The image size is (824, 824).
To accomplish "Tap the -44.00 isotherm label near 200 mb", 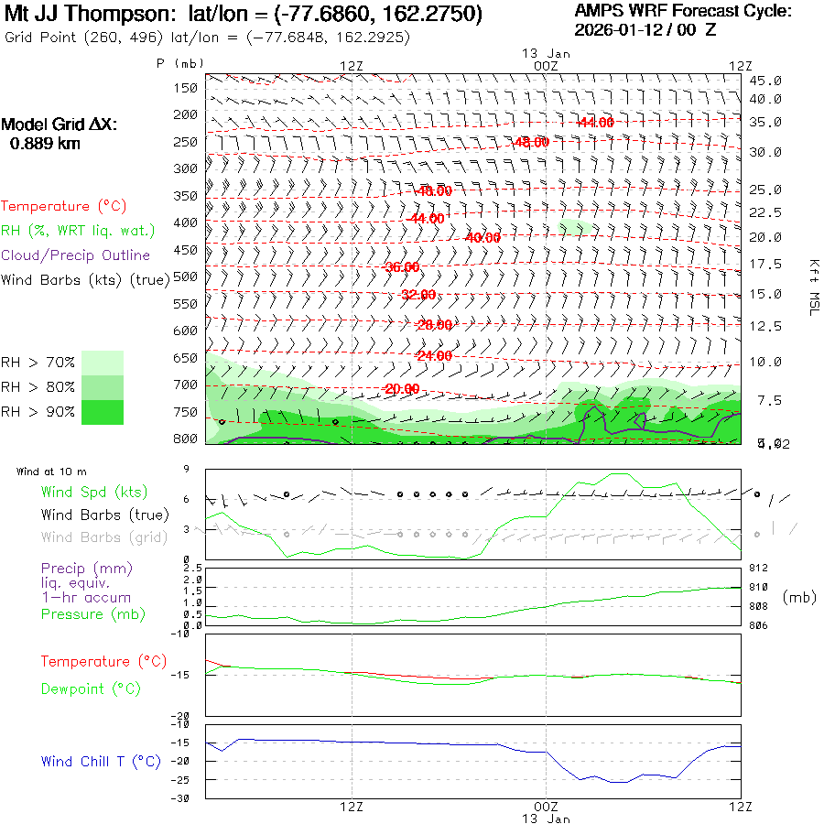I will click(595, 122).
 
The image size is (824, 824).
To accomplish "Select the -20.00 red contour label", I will click(402, 389).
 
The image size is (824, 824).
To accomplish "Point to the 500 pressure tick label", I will click(187, 276).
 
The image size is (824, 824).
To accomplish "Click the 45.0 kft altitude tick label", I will click(765, 81).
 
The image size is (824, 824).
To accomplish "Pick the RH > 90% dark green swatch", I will click(103, 412).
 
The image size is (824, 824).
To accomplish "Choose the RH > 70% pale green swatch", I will click(103, 363).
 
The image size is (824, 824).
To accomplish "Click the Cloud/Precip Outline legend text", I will click(76, 255).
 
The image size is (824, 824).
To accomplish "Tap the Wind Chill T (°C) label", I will click(101, 761).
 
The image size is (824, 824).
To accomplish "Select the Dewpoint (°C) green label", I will click(91, 688).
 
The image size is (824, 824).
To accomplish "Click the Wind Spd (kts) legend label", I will click(94, 493).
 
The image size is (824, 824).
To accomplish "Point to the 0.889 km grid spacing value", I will click(45, 143).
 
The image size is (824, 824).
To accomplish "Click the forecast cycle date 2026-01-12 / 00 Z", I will click(645, 29).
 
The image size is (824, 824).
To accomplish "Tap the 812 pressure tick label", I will click(759, 568).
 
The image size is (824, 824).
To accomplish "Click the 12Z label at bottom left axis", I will click(352, 807).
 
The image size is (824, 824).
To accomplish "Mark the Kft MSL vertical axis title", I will click(812, 287).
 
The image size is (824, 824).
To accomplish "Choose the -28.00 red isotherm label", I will click(434, 325).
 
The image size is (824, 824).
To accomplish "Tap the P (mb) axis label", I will click(180, 62).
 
